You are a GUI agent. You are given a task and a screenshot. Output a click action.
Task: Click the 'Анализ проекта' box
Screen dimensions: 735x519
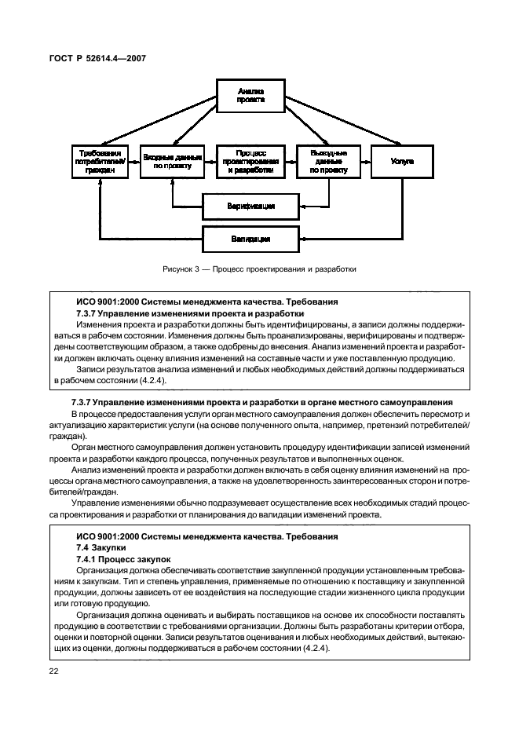pyautogui.click(x=250, y=97)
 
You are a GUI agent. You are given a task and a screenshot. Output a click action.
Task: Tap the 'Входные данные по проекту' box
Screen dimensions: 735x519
pyautogui.click(x=173, y=161)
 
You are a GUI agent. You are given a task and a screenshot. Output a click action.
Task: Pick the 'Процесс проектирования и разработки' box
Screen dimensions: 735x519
pyautogui.click(x=250, y=160)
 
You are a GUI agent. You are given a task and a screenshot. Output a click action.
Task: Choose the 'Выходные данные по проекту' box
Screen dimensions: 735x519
pyautogui.click(x=328, y=160)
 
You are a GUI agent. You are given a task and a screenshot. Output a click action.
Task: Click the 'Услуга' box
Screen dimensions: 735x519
pyautogui.click(x=401, y=160)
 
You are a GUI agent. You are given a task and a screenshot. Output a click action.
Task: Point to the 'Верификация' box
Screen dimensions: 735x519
pyautogui.click(x=250, y=207)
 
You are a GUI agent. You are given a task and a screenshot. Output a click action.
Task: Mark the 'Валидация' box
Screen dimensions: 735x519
pyautogui.click(x=250, y=237)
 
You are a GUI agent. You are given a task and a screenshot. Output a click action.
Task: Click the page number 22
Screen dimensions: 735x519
pyautogui.click(x=54, y=670)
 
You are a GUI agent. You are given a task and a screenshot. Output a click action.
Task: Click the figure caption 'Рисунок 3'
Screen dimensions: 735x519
pyautogui.click(x=183, y=269)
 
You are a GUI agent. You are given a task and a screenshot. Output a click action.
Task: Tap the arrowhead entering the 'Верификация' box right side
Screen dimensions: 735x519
pyautogui.click(x=301, y=207)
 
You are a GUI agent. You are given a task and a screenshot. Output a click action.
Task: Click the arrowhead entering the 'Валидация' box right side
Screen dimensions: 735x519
pyautogui.click(x=301, y=237)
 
